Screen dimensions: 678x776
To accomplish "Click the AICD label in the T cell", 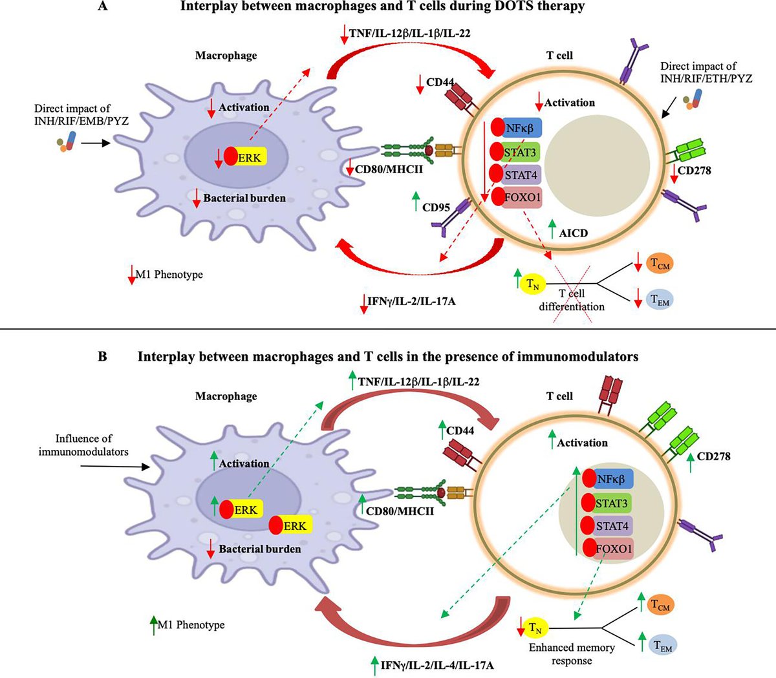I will click(x=573, y=233).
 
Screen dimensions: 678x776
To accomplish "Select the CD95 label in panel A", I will click(x=436, y=207).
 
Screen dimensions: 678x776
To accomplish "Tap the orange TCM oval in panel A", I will click(x=660, y=263).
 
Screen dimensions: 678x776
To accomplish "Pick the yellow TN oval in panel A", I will click(x=532, y=283).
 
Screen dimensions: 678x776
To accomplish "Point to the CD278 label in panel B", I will click(x=713, y=456).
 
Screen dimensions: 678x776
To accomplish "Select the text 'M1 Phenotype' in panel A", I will click(x=169, y=275).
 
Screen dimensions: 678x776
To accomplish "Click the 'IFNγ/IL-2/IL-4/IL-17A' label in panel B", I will click(x=438, y=664).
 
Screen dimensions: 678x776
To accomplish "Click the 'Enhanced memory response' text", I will click(x=572, y=653).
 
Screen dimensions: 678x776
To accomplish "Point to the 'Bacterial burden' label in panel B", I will click(x=259, y=549).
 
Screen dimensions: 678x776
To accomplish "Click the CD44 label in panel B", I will click(x=460, y=430).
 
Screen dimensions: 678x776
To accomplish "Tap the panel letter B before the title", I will click(x=103, y=356).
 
